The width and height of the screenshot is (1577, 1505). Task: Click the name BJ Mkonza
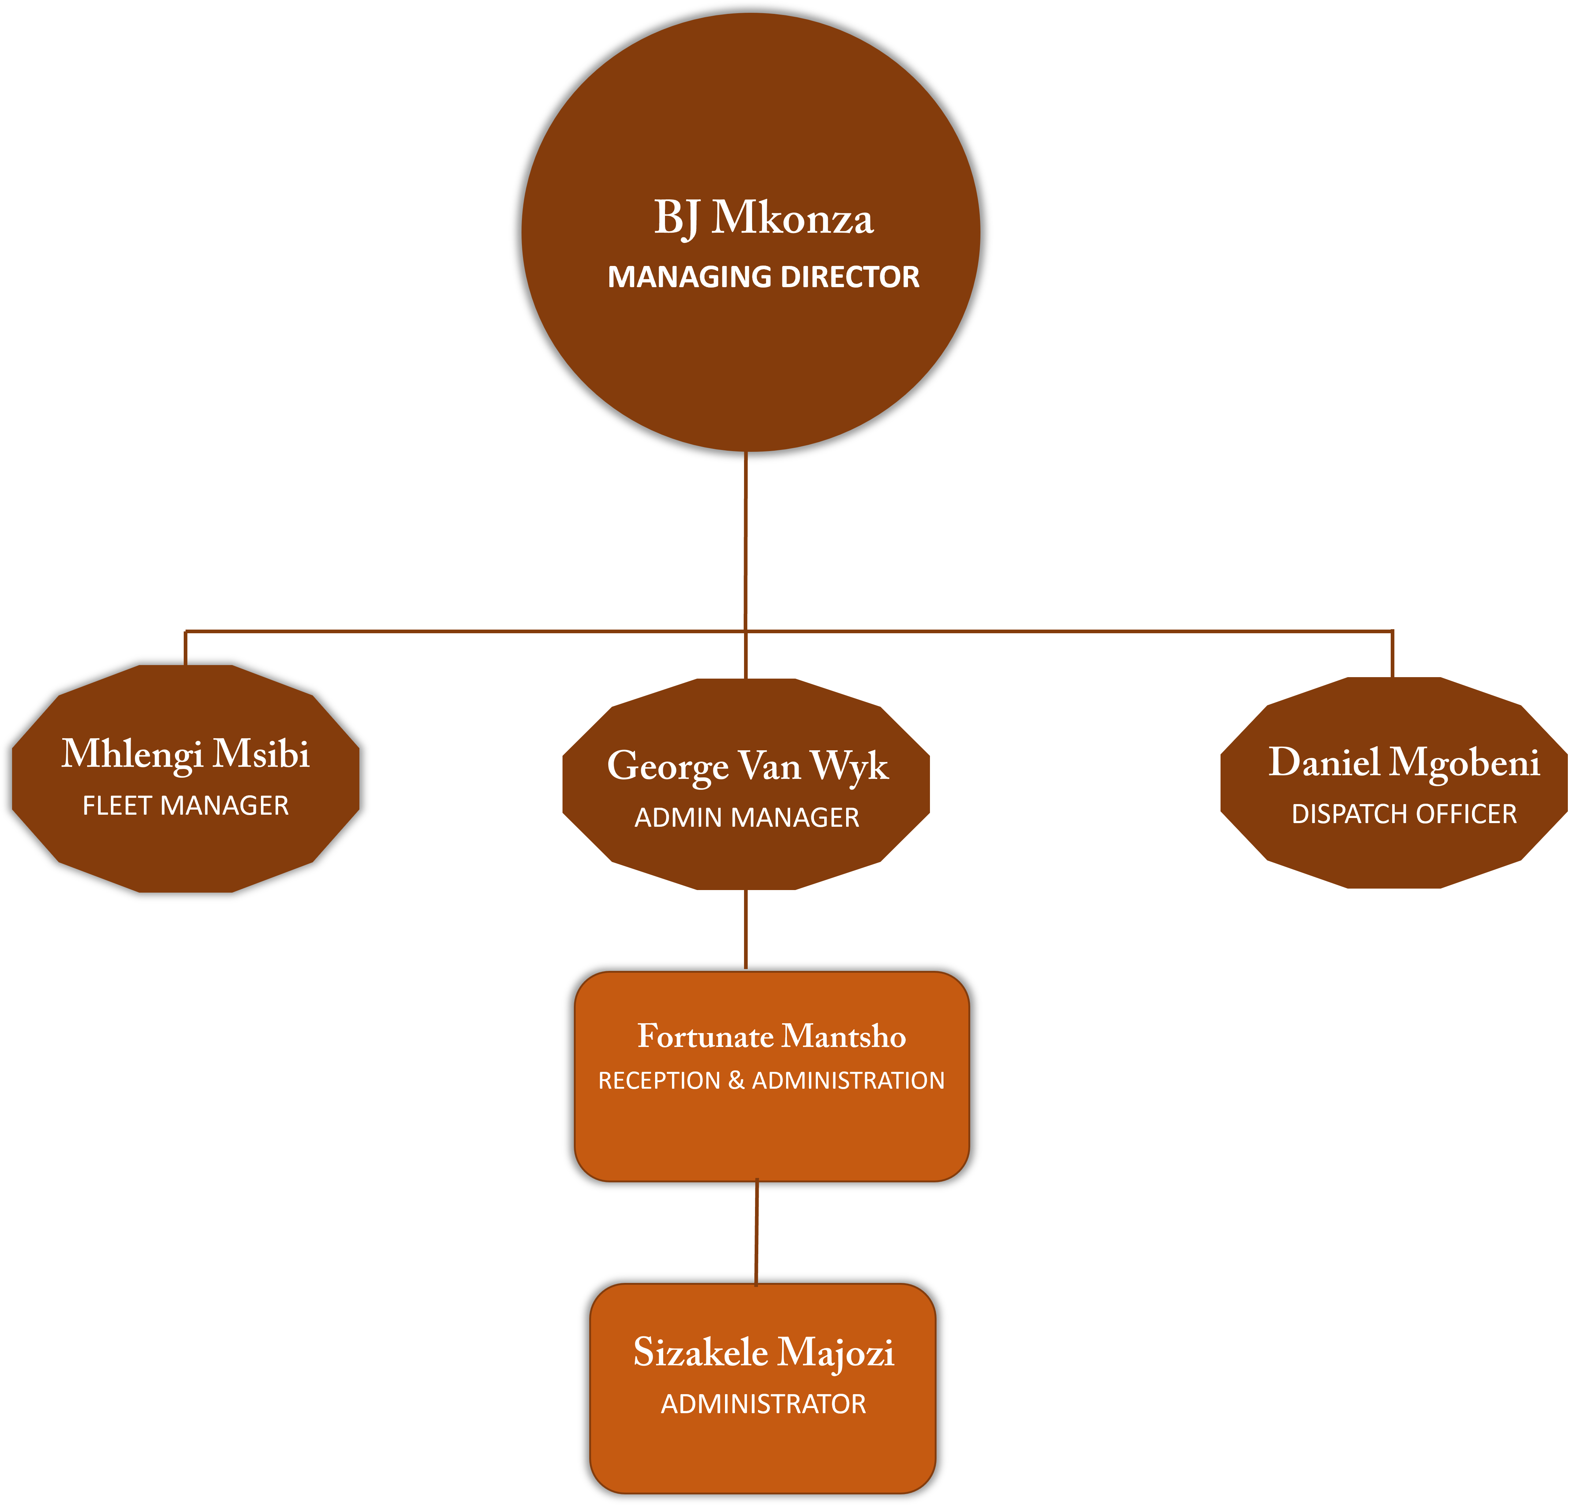point(763,218)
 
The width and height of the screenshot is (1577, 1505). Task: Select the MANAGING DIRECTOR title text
point(763,277)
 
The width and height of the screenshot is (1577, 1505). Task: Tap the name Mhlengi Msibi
point(186,754)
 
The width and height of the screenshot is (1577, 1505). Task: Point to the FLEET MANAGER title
point(186,806)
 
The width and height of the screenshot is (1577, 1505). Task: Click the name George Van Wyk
point(747,766)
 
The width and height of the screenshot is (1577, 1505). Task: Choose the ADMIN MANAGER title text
point(747,818)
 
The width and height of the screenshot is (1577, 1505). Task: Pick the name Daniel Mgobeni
point(1404,762)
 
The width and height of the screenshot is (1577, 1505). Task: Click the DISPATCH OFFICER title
point(1404,814)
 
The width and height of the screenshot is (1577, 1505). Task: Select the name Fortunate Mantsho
point(771,1036)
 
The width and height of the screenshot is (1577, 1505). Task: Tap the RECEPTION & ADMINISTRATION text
point(771,1081)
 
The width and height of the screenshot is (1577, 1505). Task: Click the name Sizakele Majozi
point(763,1352)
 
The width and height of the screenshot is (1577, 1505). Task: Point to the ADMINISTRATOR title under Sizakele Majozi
point(763,1404)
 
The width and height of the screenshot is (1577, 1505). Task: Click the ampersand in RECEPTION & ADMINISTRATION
point(736,1081)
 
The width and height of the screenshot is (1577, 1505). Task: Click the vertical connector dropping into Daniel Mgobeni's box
point(1393,654)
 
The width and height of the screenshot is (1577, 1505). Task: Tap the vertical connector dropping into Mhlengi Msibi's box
point(186,648)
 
